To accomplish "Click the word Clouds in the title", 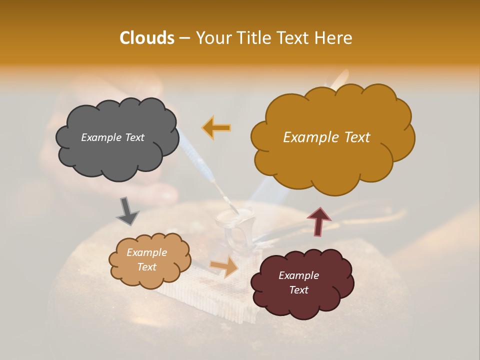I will pyautogui.click(x=147, y=38).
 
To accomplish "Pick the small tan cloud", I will pyautogui.click(x=148, y=260).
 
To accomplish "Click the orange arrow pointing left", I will pyautogui.click(x=216, y=127).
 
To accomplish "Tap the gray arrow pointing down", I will pyautogui.click(x=127, y=211).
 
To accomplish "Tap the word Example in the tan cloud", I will pyautogui.click(x=146, y=252).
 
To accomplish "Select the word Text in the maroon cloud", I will pyautogui.click(x=298, y=290).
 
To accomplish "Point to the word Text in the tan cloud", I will pyautogui.click(x=146, y=267).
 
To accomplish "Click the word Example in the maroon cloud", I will pyautogui.click(x=298, y=275).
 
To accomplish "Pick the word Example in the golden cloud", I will pyautogui.click(x=308, y=137).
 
